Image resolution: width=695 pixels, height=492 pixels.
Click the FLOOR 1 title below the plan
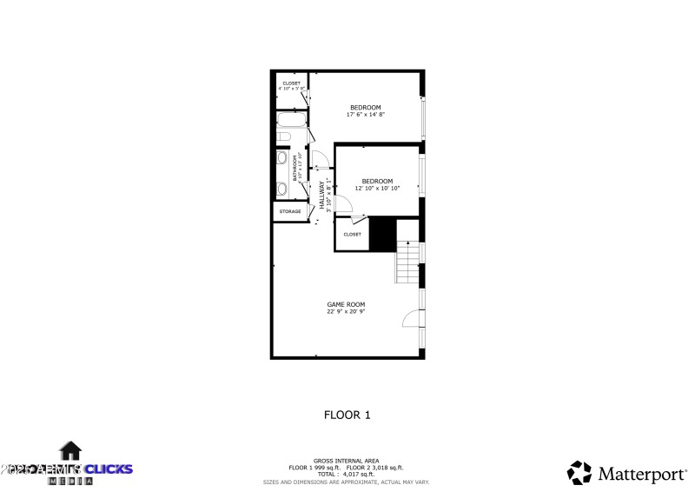pos(347,415)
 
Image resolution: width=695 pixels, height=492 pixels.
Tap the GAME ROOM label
pos(345,304)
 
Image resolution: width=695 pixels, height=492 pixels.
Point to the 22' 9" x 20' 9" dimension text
pos(345,311)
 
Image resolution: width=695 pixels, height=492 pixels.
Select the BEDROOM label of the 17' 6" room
pos(365,107)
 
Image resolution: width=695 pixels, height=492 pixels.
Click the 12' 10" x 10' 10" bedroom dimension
pos(377,188)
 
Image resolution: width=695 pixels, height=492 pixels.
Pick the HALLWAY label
pos(321,193)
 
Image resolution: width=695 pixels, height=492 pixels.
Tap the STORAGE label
pos(290,211)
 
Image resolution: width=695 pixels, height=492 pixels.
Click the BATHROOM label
pos(295,168)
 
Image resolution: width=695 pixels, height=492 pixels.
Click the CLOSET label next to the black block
pos(352,234)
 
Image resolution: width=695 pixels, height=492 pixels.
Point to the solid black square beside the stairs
pos(382,234)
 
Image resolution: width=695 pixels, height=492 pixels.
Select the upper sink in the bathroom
pos(282,159)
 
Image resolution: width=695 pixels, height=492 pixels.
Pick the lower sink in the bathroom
pos(282,188)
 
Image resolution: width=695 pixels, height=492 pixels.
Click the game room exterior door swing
pos(410,319)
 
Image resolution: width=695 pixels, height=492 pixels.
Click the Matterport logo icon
pos(579,472)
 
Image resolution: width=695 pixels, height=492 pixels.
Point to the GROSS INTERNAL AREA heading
pos(346,462)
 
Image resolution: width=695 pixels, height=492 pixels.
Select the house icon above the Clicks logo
pos(70,449)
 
